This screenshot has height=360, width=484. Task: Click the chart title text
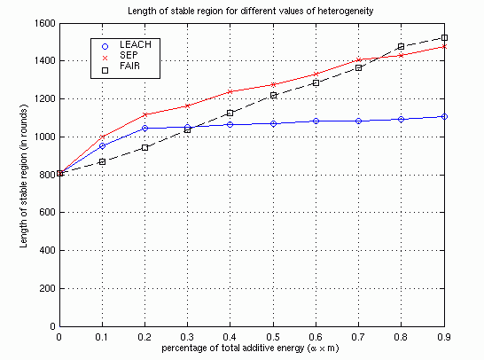point(250,12)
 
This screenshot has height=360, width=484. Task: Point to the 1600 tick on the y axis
point(45,23)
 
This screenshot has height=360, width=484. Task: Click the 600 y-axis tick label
point(47,213)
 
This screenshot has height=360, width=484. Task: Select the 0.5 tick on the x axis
point(273,337)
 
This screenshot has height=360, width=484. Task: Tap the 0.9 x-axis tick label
point(444,337)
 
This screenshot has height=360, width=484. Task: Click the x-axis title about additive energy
point(250,348)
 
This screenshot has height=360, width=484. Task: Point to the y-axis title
point(24,176)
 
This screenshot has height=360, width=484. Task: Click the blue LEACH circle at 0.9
point(444,116)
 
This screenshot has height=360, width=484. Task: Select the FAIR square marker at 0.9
point(444,37)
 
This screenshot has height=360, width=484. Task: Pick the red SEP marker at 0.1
point(103,137)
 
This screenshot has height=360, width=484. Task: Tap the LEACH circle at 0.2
point(145,129)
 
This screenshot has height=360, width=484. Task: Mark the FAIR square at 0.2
point(145,147)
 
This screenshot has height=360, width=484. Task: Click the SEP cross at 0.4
point(230,91)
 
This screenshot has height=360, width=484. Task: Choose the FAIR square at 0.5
point(273,96)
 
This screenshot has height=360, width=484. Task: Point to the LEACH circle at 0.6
point(316,121)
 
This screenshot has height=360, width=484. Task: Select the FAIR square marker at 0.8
point(401,47)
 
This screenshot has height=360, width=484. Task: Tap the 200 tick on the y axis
point(47,288)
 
